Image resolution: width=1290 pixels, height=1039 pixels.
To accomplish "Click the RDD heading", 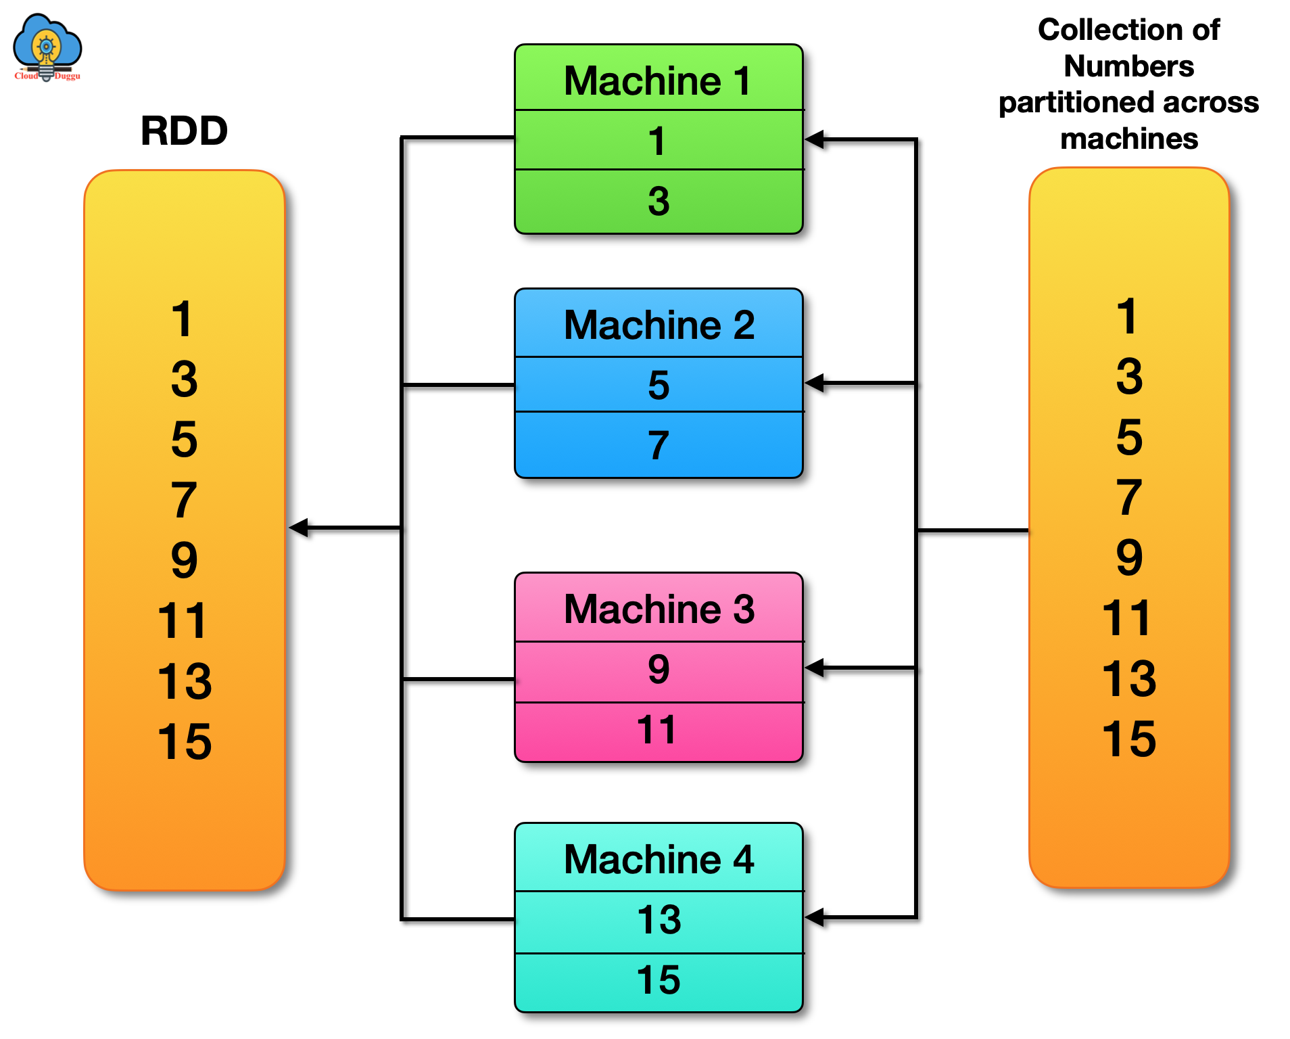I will pyautogui.click(x=184, y=131).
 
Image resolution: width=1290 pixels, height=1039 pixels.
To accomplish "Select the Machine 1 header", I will pyautogui.click(x=658, y=80).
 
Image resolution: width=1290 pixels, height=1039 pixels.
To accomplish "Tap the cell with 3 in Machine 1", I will pyautogui.click(x=658, y=202).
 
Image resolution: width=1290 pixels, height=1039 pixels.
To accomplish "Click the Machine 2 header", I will pyautogui.click(x=658, y=325).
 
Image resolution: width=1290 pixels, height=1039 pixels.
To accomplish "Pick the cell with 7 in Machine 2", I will pyautogui.click(x=658, y=445).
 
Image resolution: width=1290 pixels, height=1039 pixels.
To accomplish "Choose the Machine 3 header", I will pyautogui.click(x=658, y=609).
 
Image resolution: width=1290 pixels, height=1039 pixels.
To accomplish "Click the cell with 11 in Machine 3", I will pyautogui.click(x=658, y=731).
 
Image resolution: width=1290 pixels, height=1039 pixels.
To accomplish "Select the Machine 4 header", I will pyautogui.click(x=658, y=859).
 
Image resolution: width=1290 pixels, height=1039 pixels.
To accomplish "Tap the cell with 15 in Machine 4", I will pyautogui.click(x=658, y=980).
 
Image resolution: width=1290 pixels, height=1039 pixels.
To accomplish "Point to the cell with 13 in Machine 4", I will pyautogui.click(x=658, y=920).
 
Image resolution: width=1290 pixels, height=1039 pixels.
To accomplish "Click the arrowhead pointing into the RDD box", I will pyautogui.click(x=299, y=528).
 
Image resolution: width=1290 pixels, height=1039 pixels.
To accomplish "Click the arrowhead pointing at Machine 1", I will pyautogui.click(x=815, y=140).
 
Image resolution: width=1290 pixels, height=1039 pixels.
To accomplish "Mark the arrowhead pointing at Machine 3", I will pyautogui.click(x=815, y=668).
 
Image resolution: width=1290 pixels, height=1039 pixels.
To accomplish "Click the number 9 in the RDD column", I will pyautogui.click(x=184, y=560).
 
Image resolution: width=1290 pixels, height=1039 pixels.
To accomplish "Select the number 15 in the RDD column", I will pyautogui.click(x=184, y=741).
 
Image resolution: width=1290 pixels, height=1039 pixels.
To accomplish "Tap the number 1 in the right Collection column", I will pyautogui.click(x=1127, y=316).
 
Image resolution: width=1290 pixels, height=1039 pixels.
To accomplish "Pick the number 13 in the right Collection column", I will pyautogui.click(x=1128, y=678).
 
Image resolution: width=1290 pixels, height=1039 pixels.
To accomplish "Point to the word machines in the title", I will pyautogui.click(x=1128, y=139).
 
